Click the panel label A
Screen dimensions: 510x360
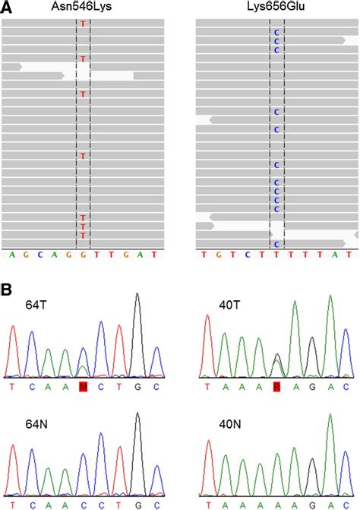(6, 7)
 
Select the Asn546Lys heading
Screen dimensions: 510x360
(83, 7)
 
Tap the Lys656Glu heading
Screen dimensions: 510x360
(276, 7)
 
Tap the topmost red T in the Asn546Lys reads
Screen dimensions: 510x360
(83, 24)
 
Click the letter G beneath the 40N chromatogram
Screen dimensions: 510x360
(312, 503)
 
